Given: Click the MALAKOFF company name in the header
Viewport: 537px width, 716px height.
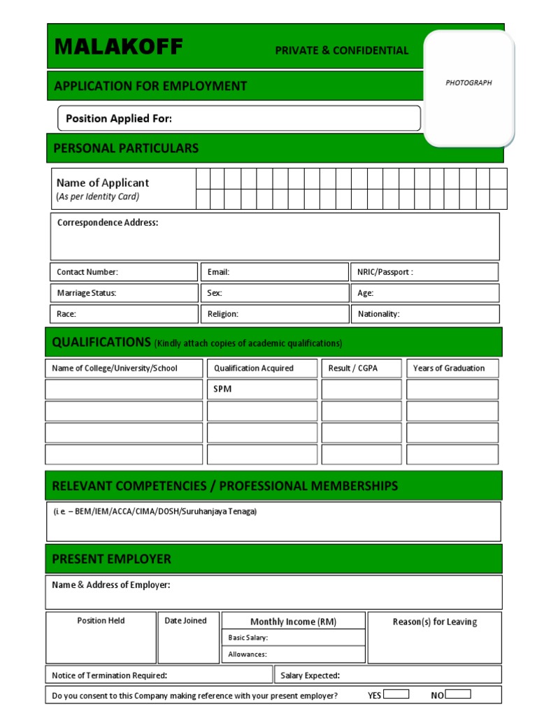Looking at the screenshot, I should tap(119, 48).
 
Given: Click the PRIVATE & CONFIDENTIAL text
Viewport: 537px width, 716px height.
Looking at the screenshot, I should tap(341, 50).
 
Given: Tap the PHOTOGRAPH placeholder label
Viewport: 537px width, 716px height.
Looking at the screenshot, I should tap(468, 83).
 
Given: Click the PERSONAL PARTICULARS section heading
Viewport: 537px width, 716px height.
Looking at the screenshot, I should tap(126, 148).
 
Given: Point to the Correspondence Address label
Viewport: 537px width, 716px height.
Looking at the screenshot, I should tap(108, 222).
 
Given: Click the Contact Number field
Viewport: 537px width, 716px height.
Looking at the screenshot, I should tap(124, 272).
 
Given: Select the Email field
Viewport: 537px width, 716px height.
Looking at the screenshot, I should tap(275, 272).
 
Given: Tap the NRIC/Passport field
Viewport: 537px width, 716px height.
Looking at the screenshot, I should tap(424, 272).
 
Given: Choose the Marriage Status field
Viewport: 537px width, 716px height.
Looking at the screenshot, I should tap(124, 293).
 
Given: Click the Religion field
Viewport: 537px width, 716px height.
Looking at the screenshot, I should tap(275, 314).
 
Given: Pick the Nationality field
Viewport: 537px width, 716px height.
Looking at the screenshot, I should tap(424, 314).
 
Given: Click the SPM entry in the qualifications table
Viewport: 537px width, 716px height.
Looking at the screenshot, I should tap(222, 389).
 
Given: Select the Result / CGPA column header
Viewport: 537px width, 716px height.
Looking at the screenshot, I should tap(353, 368).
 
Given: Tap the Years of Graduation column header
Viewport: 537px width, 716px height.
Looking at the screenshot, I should tap(449, 368).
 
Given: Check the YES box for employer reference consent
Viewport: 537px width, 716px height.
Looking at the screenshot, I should tap(396, 694).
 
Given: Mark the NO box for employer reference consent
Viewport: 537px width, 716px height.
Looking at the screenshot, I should tap(458, 694).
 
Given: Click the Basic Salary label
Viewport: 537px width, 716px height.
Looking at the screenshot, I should tap(248, 638).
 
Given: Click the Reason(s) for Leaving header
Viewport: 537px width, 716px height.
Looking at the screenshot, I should tap(435, 622).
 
